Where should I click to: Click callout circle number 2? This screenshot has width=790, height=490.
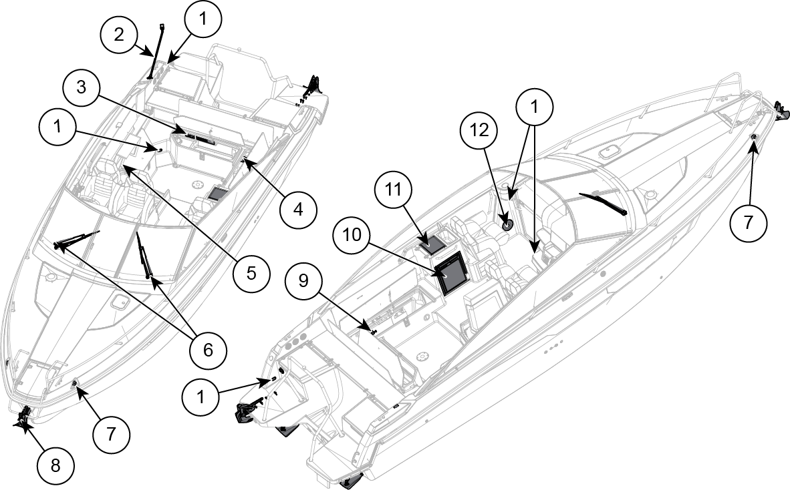[x=119, y=34]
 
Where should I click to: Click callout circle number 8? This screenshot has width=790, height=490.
[x=55, y=465]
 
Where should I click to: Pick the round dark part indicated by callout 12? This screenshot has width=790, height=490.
[x=507, y=224]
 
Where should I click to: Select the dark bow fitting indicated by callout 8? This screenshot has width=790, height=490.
[x=24, y=418]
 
